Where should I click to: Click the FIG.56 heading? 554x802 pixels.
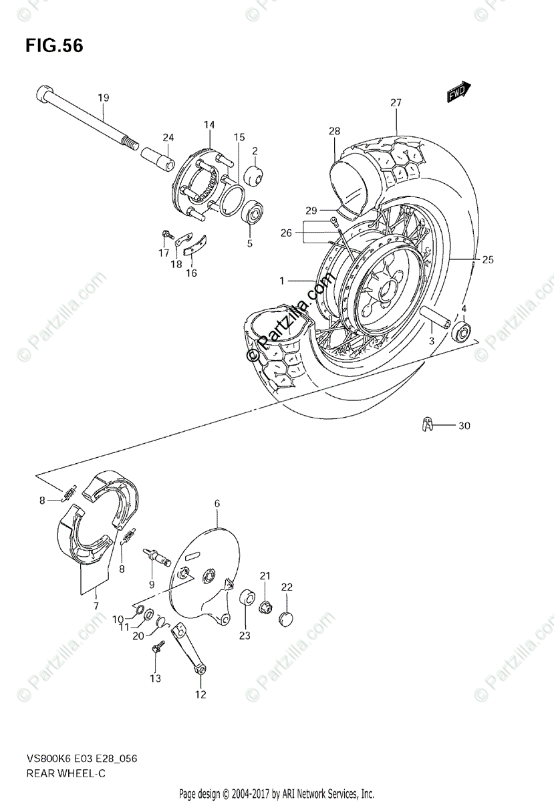(x=54, y=46)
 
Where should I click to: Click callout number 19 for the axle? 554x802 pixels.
(x=103, y=98)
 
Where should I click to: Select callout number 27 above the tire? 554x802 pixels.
(x=396, y=103)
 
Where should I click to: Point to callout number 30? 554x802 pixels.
(x=464, y=426)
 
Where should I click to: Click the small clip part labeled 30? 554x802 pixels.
(x=428, y=424)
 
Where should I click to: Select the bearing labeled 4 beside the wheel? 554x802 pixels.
(x=461, y=331)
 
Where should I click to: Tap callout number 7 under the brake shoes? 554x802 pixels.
(x=96, y=606)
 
